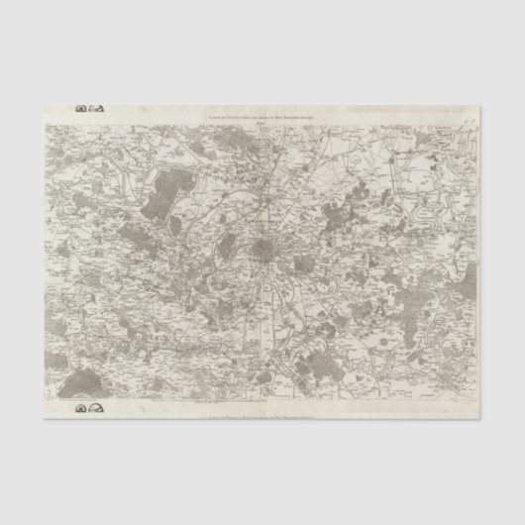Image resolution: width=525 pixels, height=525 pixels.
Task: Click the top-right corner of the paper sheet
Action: click(x=480, y=106)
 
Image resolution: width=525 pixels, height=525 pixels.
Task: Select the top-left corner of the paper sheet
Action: click(x=45, y=106)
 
